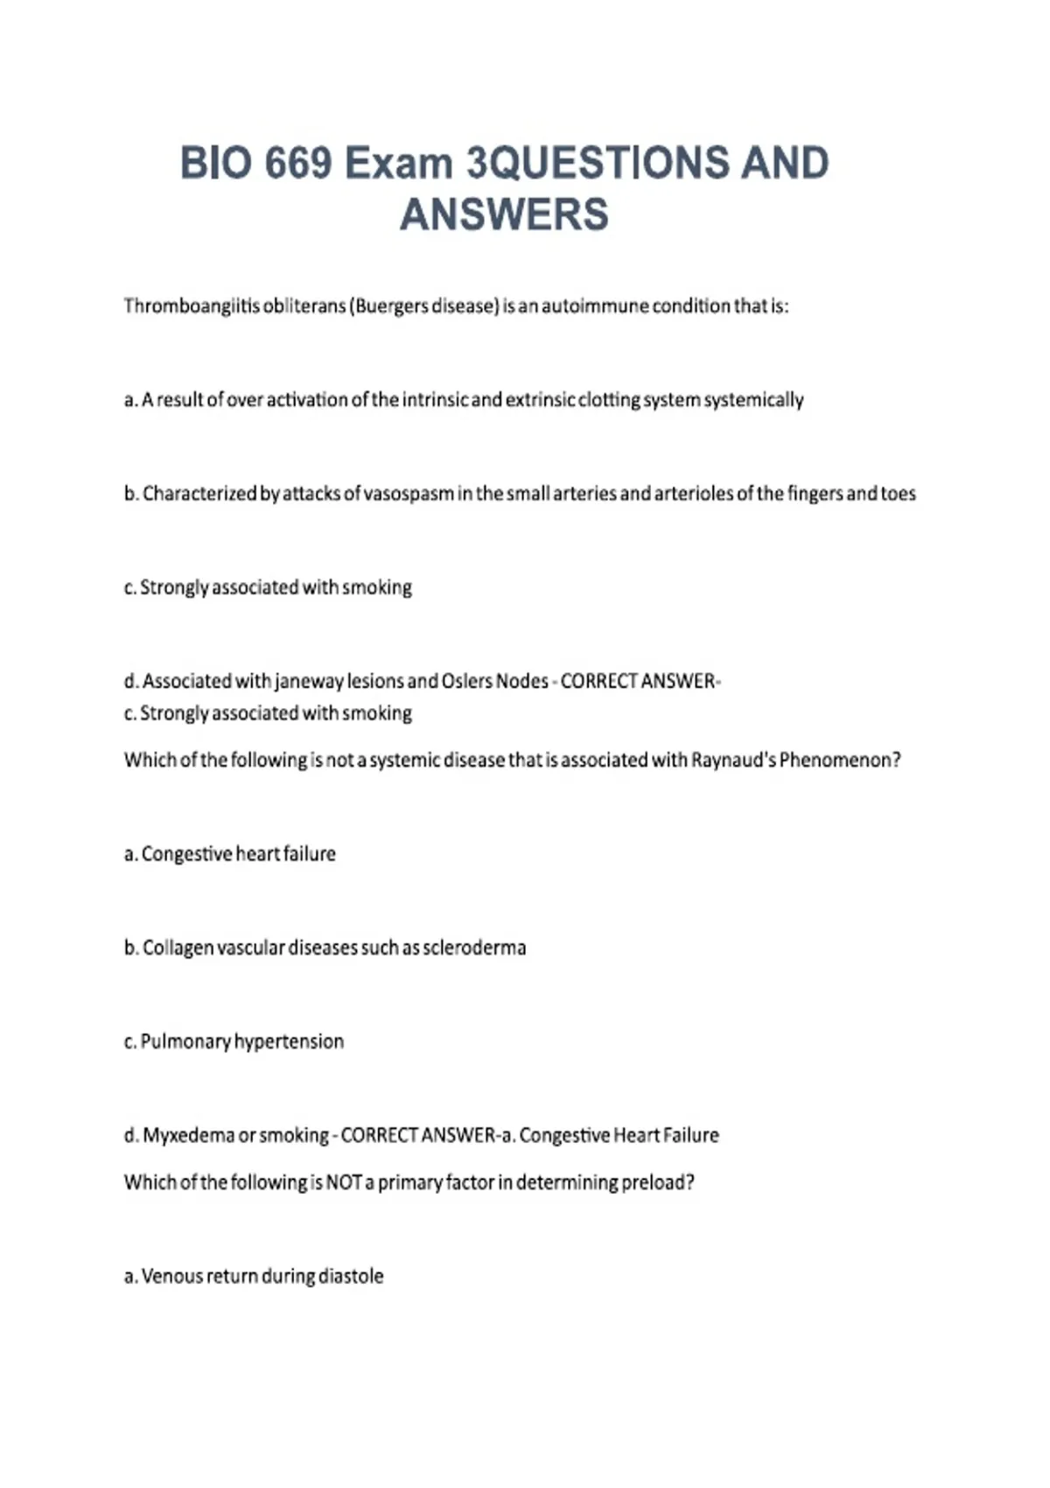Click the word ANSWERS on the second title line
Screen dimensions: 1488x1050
coord(504,215)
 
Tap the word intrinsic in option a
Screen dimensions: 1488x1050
coord(435,400)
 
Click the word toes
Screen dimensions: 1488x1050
coord(898,494)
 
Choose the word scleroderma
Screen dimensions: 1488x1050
coord(474,948)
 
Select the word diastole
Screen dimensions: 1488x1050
coord(351,1276)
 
